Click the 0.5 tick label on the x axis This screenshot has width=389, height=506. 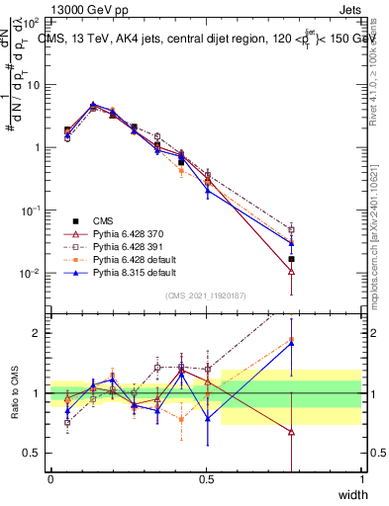point(206,479)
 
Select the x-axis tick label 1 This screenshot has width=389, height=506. point(361,479)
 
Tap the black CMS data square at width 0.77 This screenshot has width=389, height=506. point(291,259)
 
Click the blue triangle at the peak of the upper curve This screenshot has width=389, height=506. point(93,104)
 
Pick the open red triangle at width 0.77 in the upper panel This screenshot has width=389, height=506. point(291,273)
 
